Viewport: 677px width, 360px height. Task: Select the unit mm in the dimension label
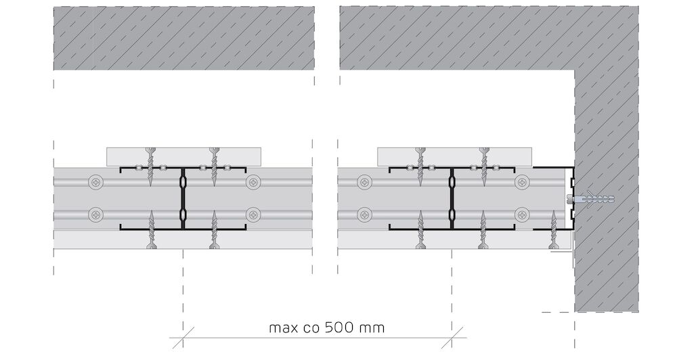point(374,328)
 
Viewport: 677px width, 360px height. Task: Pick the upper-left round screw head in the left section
point(96,182)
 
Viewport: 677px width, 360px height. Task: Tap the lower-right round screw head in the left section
point(253,214)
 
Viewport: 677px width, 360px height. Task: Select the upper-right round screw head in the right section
point(523,182)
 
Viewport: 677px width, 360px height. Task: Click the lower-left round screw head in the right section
point(366,214)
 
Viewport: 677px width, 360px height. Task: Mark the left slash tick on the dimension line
point(183,338)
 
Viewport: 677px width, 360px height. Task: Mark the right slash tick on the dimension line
point(452,338)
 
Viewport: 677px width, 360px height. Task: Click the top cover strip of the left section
point(184,157)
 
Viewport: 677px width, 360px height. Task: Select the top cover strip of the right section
point(455,157)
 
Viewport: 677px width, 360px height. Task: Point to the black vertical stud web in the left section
point(183,198)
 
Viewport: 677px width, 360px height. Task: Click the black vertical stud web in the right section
point(452,198)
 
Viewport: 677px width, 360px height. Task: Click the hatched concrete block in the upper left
point(184,38)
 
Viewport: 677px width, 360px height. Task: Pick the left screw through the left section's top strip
point(150,166)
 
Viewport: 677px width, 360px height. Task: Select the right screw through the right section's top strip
point(483,166)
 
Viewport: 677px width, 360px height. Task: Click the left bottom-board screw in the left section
point(151,229)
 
